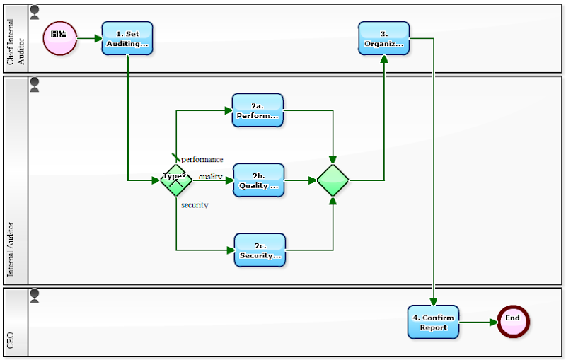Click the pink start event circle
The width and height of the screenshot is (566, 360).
[x=60, y=38]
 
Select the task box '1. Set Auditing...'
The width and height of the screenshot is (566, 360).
[x=127, y=38]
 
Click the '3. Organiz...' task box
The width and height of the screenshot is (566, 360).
[x=383, y=38]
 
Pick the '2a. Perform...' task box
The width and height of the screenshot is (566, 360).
[x=258, y=110]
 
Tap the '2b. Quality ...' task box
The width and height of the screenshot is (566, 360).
[x=258, y=180]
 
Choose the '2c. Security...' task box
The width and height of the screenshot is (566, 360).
[x=260, y=250]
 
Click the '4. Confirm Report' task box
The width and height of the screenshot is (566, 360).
[x=433, y=322]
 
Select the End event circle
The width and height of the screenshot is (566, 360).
[x=512, y=322]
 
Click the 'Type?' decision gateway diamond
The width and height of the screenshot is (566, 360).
[x=175, y=180]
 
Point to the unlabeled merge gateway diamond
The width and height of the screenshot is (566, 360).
[x=333, y=180]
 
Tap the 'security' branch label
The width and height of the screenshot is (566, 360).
[x=195, y=205]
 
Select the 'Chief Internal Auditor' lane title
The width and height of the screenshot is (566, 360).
[x=15, y=39]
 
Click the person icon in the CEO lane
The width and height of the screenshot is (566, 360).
[x=35, y=296]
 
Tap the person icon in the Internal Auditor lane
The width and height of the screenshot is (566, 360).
[x=35, y=86]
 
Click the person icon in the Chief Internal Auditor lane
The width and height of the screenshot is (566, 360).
[x=35, y=13]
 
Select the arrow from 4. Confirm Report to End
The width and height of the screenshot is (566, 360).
[x=478, y=322]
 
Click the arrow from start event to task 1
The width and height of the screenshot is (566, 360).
[x=89, y=38]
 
